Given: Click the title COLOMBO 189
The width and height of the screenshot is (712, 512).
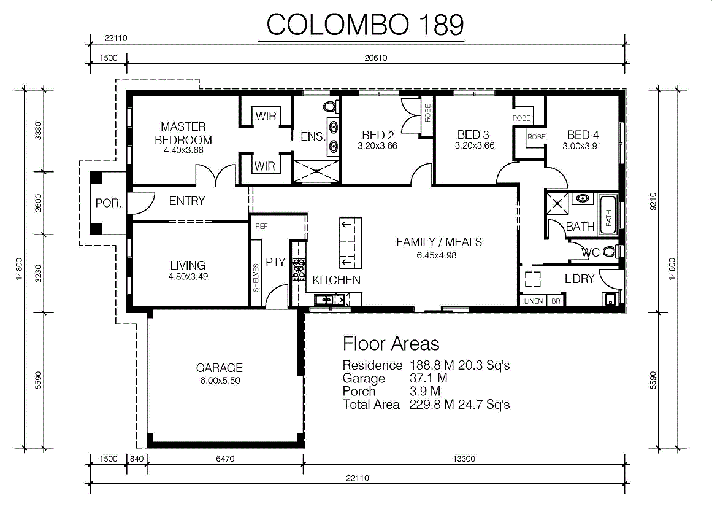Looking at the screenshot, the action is (365, 25).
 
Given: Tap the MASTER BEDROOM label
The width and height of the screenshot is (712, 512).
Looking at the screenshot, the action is (183, 133).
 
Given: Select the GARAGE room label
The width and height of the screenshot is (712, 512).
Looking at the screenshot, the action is (220, 367).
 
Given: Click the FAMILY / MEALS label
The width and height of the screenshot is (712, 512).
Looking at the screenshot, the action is (439, 242).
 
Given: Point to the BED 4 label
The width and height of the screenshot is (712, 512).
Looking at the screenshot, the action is (583, 135).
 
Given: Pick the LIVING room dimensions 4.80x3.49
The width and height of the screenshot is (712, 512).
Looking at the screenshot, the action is (188, 276).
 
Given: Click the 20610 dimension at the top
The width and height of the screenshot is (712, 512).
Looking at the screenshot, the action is (375, 58).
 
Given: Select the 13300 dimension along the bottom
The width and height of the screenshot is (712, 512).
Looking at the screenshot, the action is (464, 459).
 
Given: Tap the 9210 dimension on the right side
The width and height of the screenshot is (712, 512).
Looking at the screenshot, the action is (653, 201).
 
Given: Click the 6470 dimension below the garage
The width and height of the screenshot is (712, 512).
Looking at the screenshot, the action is (225, 459).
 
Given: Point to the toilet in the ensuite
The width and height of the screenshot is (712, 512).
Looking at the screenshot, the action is (331, 107).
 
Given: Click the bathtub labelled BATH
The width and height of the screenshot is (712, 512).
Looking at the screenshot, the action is (608, 215).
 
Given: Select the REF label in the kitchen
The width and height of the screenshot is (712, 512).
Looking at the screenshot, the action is (261, 226).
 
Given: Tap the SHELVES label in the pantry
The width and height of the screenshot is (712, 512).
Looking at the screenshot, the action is (256, 278).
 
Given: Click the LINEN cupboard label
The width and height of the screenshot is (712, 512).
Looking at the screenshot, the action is (534, 301).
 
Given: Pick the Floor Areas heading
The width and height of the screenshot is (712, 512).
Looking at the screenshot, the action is (391, 344).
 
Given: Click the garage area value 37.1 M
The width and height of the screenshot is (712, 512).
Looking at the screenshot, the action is (428, 378).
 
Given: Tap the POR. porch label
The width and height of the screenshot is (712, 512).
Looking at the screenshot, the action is (109, 203).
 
